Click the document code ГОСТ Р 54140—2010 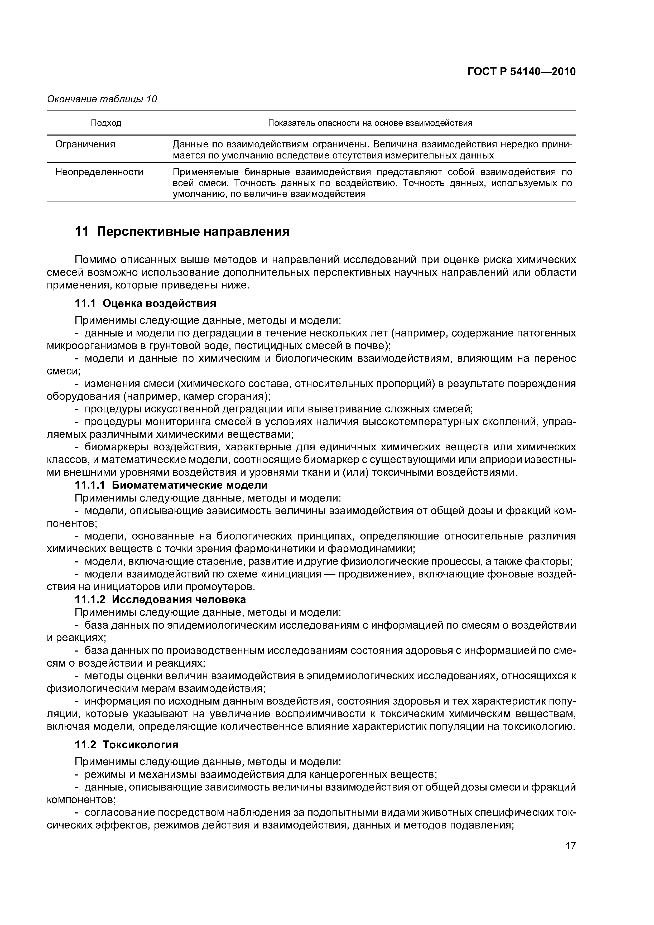pos(521,72)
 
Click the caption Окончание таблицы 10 pos(102,99)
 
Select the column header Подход pos(106,123)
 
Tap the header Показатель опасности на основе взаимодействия pos(370,123)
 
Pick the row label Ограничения pos(85,144)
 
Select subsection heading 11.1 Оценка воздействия pos(146,303)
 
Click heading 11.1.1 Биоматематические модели pos(171,485)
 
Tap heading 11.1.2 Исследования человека pos(160,599)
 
